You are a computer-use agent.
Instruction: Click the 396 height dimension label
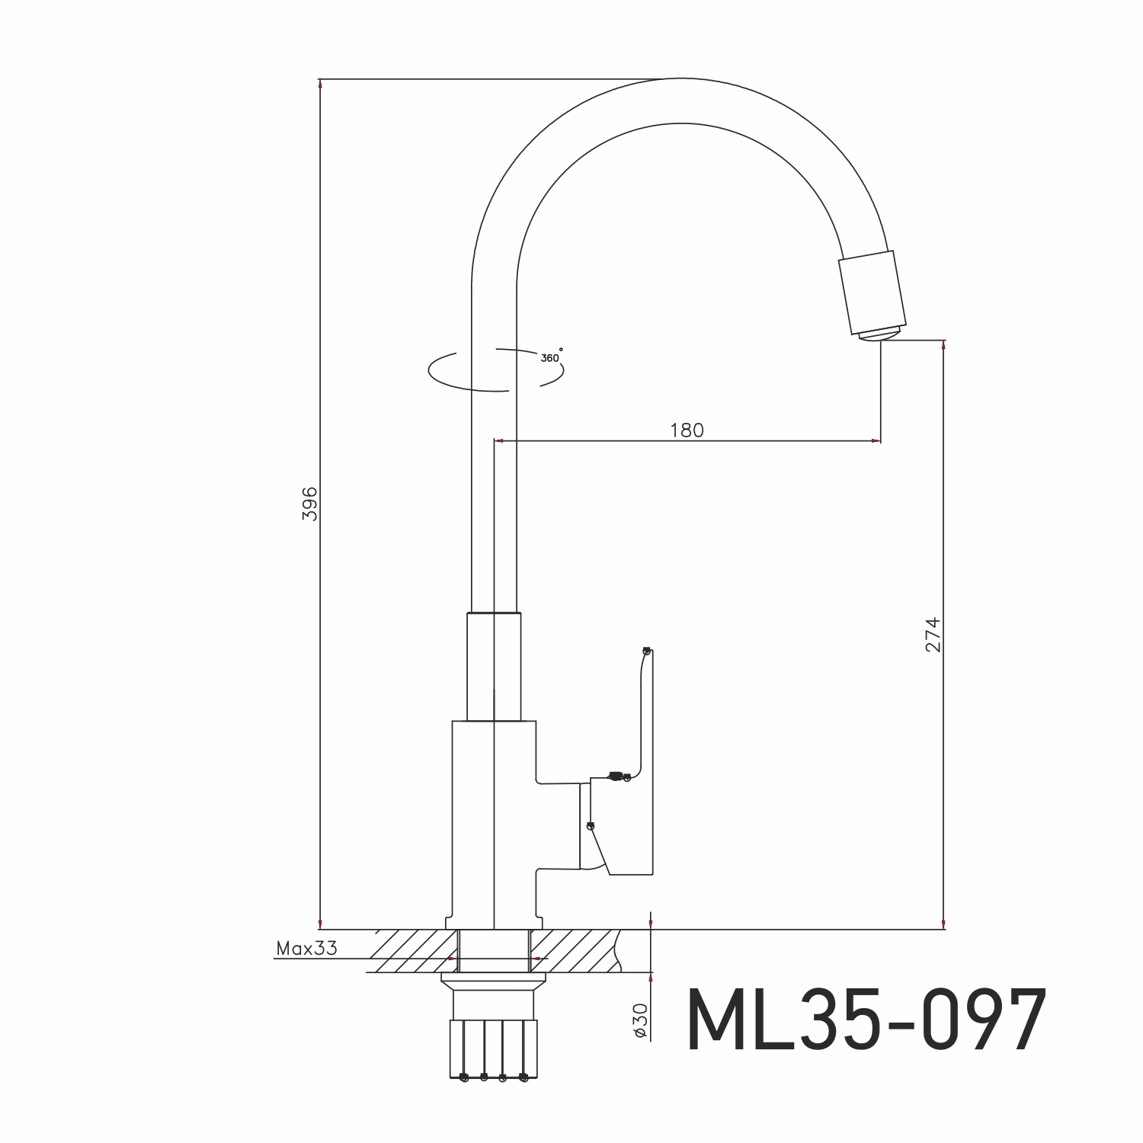pyautogui.click(x=309, y=503)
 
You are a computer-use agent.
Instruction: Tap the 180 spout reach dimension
pyautogui.click(x=687, y=431)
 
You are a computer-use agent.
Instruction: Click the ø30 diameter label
pyautogui.click(x=640, y=1020)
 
